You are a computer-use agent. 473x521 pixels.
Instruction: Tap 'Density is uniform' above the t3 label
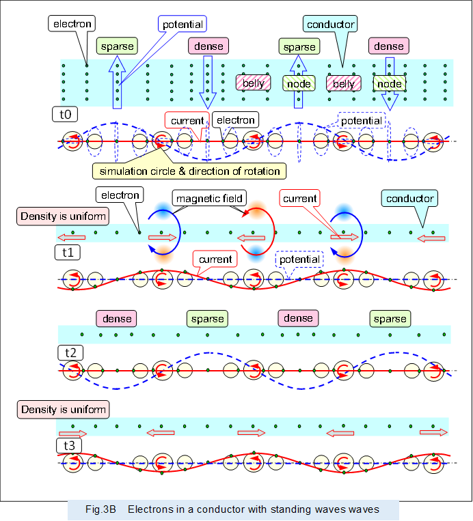pos(64,410)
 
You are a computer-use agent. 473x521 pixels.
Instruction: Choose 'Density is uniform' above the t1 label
pos(64,217)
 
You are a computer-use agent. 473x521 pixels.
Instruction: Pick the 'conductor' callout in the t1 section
pos(409,199)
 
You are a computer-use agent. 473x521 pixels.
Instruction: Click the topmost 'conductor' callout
pos(330,25)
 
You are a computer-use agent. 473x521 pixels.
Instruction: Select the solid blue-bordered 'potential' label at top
pos(182,25)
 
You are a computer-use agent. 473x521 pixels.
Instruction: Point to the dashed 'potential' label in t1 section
pos(298,260)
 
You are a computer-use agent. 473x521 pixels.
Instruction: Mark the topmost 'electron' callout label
pos(72,23)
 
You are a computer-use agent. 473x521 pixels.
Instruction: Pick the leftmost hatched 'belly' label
pos(249,83)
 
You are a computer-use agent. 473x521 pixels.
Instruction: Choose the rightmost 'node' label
pos(390,83)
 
